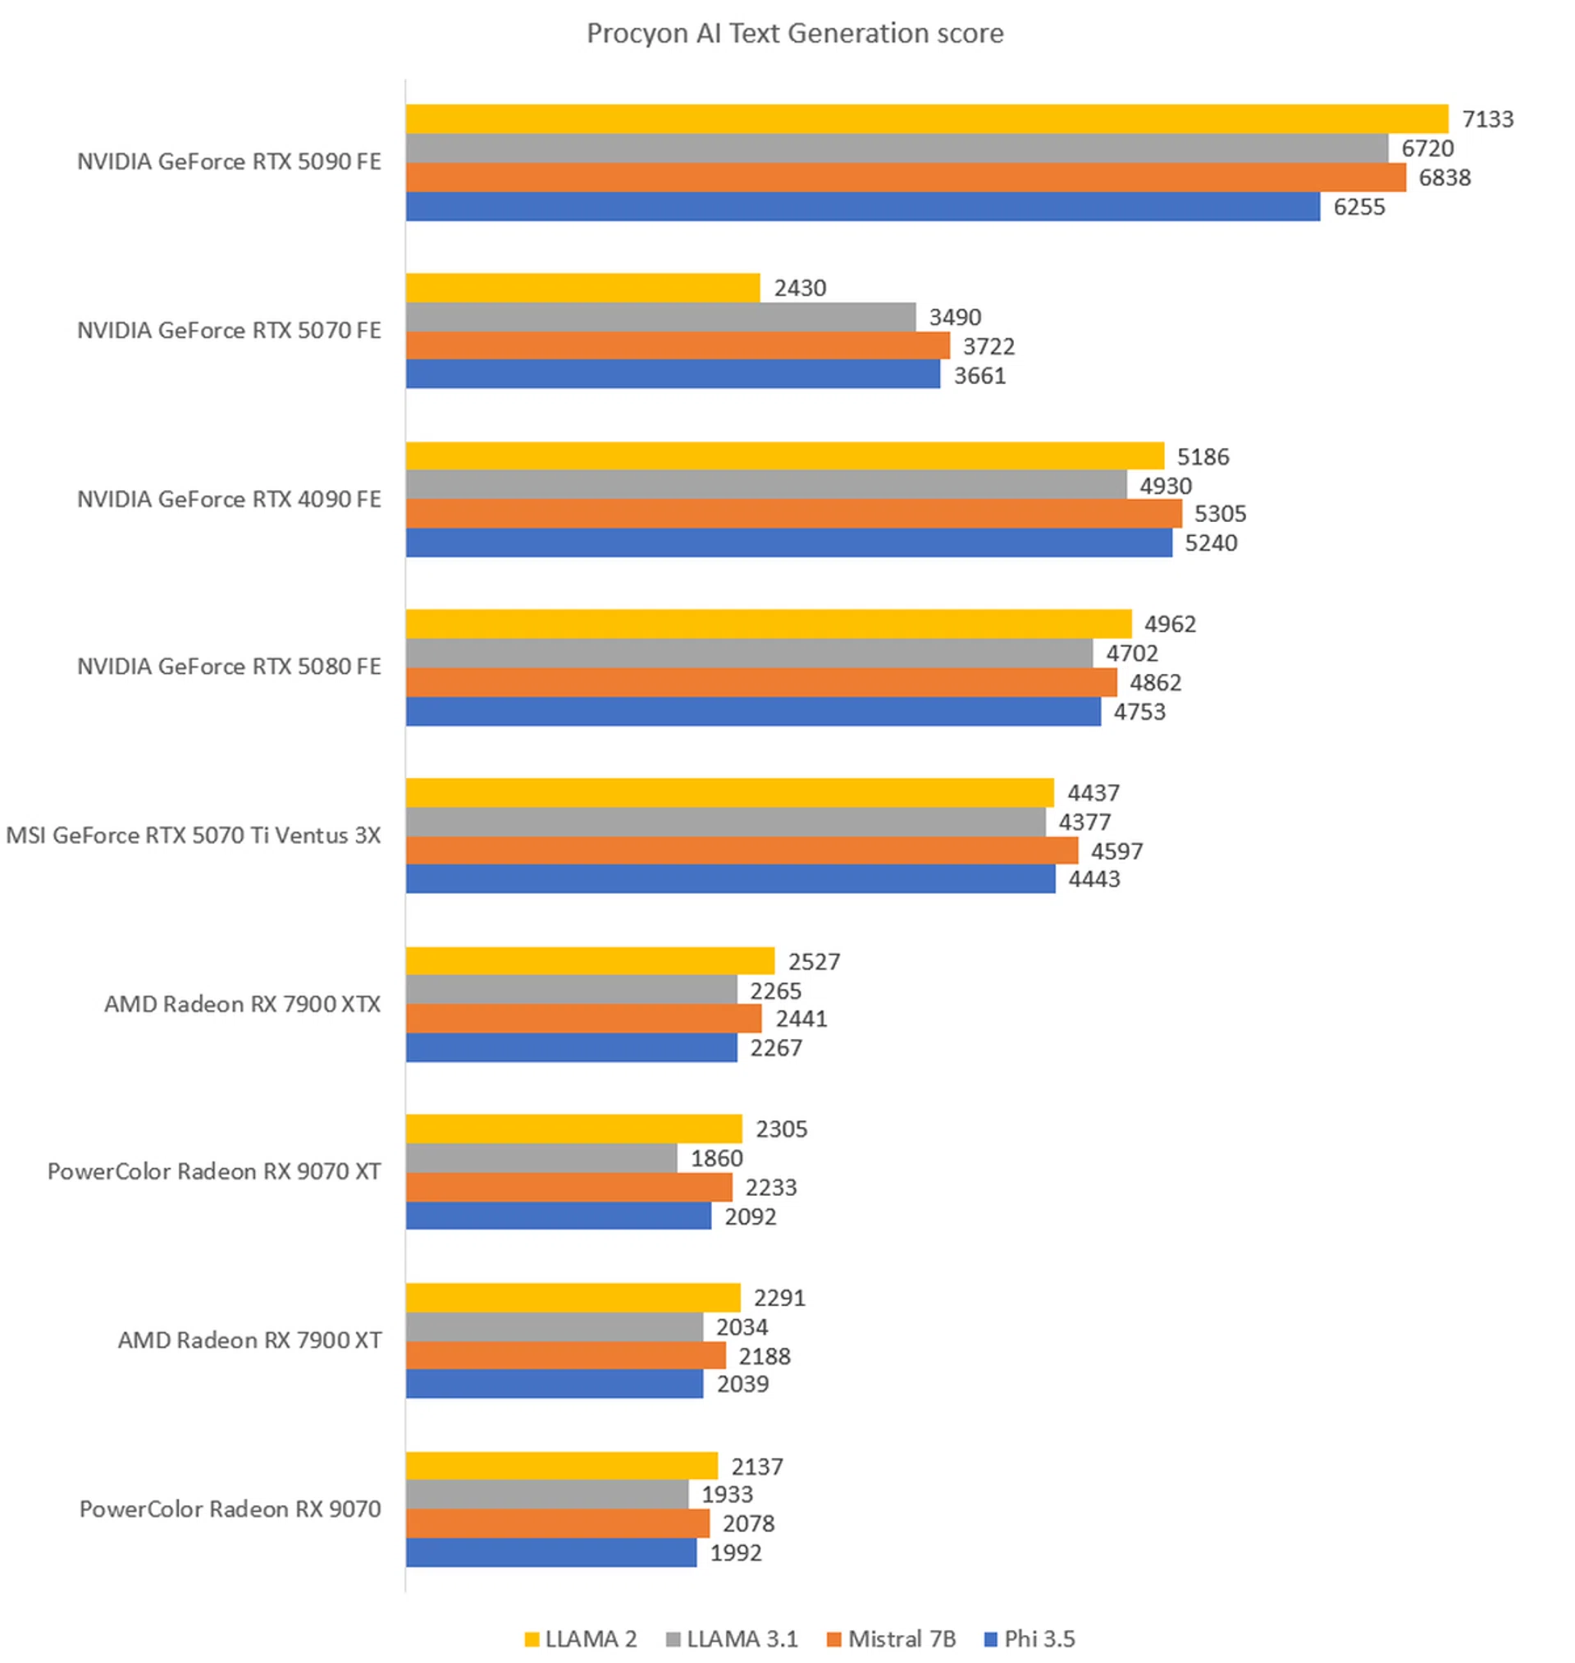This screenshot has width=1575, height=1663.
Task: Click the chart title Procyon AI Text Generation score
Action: click(794, 34)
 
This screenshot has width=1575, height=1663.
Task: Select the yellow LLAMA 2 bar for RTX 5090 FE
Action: click(927, 119)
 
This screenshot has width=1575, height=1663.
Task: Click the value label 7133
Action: click(1488, 119)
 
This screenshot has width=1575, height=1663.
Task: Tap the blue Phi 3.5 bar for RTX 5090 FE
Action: click(863, 207)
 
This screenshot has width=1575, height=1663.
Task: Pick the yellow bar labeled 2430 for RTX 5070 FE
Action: click(582, 288)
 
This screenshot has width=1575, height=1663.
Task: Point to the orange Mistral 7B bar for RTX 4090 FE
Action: click(793, 513)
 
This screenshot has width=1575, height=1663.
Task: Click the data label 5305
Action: click(1220, 513)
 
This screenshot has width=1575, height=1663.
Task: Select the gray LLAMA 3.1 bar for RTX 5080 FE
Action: click(749, 653)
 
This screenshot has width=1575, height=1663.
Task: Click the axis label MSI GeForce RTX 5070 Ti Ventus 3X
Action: click(193, 835)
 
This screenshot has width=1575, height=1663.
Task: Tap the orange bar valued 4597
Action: click(742, 850)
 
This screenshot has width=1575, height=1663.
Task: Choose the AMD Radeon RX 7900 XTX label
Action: click(242, 1004)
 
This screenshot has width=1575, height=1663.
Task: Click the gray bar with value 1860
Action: click(541, 1158)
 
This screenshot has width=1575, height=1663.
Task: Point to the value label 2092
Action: click(750, 1216)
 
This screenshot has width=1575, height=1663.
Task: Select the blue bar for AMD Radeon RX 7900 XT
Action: click(554, 1383)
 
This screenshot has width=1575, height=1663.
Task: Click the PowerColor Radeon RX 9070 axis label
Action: click(230, 1509)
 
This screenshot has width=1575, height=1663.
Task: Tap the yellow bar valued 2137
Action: click(562, 1466)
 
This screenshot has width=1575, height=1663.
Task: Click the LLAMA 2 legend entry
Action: click(581, 1638)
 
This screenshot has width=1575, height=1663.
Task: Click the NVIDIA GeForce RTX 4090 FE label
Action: click(228, 499)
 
